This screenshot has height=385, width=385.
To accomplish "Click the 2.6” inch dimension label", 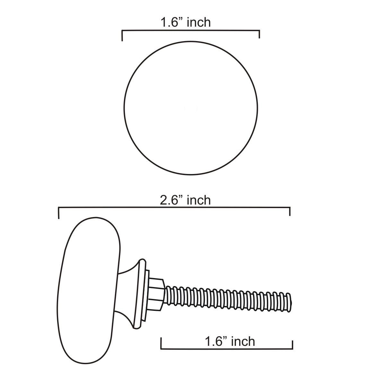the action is click(x=185, y=200).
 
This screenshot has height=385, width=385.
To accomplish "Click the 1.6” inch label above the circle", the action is click(x=186, y=22).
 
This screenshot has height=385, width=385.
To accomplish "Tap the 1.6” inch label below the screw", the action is click(x=230, y=341).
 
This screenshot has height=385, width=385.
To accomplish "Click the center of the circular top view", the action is click(x=191, y=108).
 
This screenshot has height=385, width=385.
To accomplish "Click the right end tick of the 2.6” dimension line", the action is click(x=290, y=212).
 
